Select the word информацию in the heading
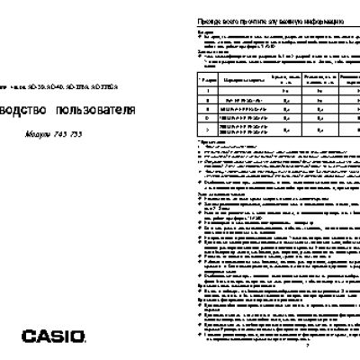pyautogui.click(x=319, y=20)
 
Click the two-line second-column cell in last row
pyautogui.click(x=236, y=131)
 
